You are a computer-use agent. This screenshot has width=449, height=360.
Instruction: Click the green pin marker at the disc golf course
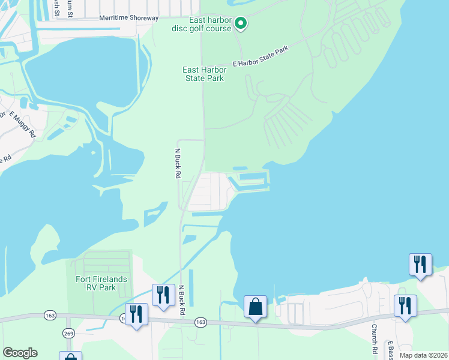(241, 23)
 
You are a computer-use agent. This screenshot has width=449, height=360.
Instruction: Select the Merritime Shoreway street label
(128, 19)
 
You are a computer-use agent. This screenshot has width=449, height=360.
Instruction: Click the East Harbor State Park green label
(203, 74)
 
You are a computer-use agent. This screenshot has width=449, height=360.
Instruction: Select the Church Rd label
(374, 338)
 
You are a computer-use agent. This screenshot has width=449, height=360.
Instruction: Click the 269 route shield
(68, 332)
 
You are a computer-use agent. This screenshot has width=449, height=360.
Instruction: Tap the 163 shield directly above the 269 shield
(50, 315)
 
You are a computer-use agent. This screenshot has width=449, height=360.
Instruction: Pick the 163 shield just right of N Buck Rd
(200, 322)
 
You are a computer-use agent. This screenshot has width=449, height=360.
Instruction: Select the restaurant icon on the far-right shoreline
(420, 264)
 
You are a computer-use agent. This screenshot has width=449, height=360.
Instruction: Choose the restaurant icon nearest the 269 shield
(136, 314)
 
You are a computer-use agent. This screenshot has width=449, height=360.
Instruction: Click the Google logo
(20, 353)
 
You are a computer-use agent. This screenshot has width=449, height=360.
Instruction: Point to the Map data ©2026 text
(423, 355)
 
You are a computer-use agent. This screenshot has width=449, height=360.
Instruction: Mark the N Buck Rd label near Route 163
(181, 300)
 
